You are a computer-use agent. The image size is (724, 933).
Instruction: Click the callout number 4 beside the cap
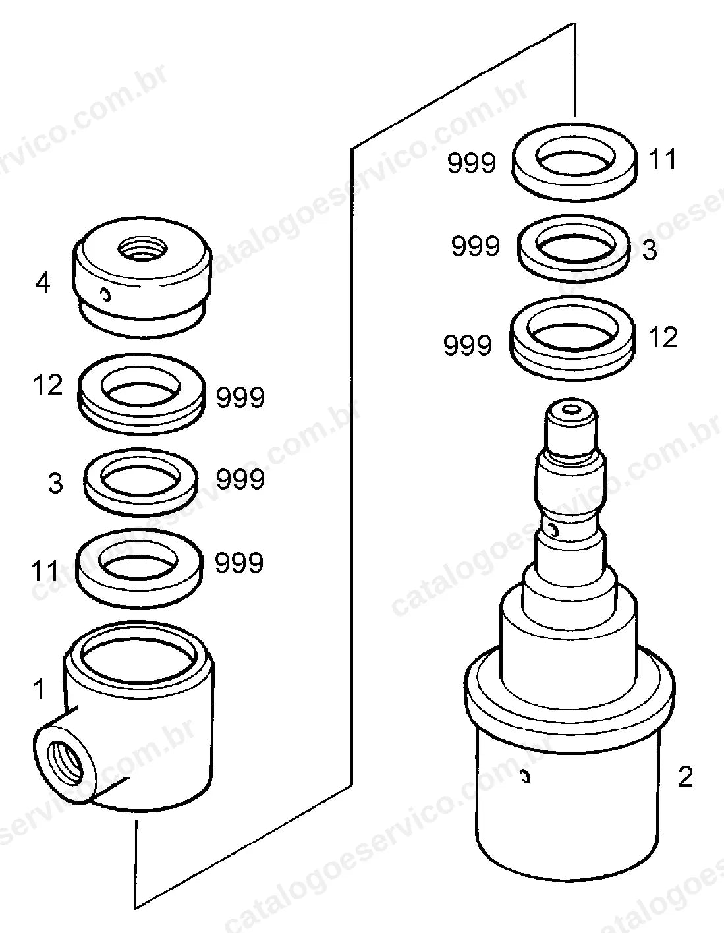tap(42, 283)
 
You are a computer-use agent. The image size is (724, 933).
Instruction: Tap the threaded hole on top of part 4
tap(142, 248)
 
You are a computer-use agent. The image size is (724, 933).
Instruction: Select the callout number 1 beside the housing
tap(39, 689)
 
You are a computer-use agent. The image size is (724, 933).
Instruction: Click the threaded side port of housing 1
tap(65, 762)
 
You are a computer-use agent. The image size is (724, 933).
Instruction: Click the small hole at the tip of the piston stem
tap(571, 410)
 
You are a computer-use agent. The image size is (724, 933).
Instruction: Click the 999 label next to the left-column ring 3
tap(240, 479)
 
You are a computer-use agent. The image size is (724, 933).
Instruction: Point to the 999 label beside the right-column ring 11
tap(471, 163)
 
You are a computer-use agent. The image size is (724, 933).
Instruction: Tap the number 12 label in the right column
tap(663, 337)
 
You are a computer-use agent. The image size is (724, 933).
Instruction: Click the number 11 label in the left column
tap(45, 571)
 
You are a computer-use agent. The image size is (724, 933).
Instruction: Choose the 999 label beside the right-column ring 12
tap(468, 346)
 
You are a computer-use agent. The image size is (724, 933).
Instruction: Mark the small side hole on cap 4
tap(105, 295)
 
